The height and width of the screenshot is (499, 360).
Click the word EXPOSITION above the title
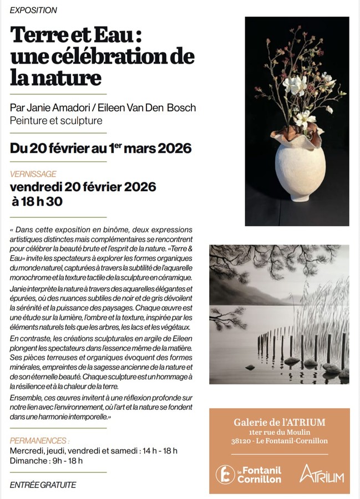pyautogui.click(x=33, y=10)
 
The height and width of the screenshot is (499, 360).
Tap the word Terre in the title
pyautogui.click(x=38, y=35)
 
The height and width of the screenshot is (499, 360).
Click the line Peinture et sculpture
pyautogui.click(x=56, y=120)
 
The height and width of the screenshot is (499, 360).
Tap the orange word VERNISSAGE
pyautogui.click(x=33, y=174)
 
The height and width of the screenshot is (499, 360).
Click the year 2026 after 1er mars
pyautogui.click(x=174, y=149)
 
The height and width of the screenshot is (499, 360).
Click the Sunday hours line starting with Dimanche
pyautogui.click(x=46, y=461)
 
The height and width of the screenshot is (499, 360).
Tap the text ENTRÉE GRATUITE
pyautogui.click(x=43, y=485)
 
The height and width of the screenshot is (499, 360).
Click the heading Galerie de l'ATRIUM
pyautogui.click(x=279, y=422)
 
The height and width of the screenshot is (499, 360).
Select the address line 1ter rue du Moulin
pyautogui.click(x=279, y=432)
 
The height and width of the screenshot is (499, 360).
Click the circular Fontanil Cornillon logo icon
pyautogui.click(x=225, y=474)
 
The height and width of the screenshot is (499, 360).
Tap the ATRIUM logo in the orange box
pyautogui.click(x=322, y=473)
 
